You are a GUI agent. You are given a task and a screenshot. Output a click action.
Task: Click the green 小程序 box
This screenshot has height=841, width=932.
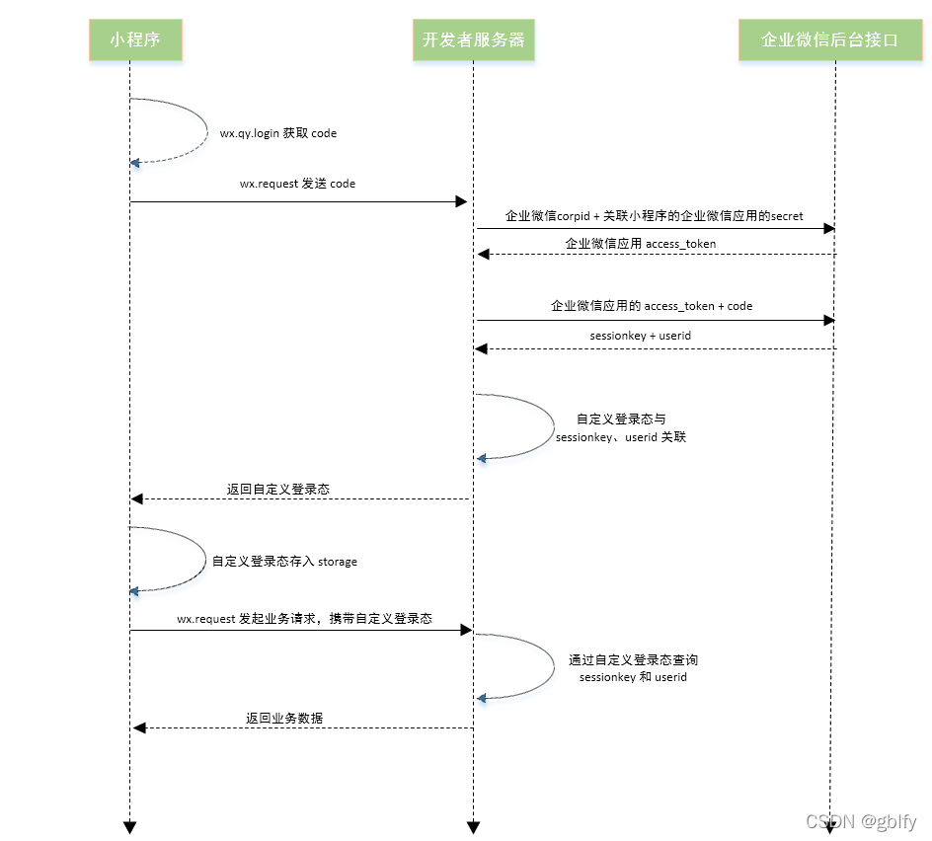[x=135, y=40]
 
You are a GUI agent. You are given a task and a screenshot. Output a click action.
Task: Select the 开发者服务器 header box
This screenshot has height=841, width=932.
[x=473, y=40]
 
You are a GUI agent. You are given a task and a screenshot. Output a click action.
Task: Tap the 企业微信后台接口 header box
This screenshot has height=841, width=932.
[x=829, y=40]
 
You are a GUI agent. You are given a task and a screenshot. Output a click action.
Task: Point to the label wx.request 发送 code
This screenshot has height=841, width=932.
[x=297, y=184]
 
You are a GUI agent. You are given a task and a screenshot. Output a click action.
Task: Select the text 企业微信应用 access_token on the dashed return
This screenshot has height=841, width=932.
[x=640, y=243]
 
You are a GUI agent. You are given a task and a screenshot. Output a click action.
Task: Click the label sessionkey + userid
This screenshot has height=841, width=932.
[x=640, y=336]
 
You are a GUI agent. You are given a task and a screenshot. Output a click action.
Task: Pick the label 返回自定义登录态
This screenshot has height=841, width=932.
[x=277, y=488]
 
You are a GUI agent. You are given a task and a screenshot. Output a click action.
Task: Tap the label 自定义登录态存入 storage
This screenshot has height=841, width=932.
[x=284, y=562]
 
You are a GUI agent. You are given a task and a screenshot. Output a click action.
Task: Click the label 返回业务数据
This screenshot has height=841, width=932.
[x=284, y=718]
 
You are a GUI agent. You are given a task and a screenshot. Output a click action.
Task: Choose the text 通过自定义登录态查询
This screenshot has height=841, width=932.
[x=633, y=659]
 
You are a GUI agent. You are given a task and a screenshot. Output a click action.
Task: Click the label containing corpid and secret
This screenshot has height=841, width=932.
[x=654, y=215]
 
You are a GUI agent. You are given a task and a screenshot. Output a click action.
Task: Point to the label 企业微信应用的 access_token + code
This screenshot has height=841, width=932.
[x=652, y=306]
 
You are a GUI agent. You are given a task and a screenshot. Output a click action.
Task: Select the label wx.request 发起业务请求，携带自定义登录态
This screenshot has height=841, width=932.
[x=304, y=619]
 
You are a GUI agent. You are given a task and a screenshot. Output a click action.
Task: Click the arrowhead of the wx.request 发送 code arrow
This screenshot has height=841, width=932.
[x=461, y=201]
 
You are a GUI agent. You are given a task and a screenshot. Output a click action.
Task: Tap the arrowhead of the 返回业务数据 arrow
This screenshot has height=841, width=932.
[x=139, y=728]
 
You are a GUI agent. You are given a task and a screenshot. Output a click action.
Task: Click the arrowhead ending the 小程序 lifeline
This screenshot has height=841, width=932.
[x=129, y=827]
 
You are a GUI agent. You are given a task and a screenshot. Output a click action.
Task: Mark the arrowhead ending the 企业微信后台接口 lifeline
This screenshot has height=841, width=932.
[x=830, y=826]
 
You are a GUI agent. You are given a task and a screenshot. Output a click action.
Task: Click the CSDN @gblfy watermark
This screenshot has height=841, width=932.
[x=861, y=821]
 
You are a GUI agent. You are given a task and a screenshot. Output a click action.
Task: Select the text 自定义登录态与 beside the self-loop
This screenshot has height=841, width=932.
[x=621, y=419]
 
